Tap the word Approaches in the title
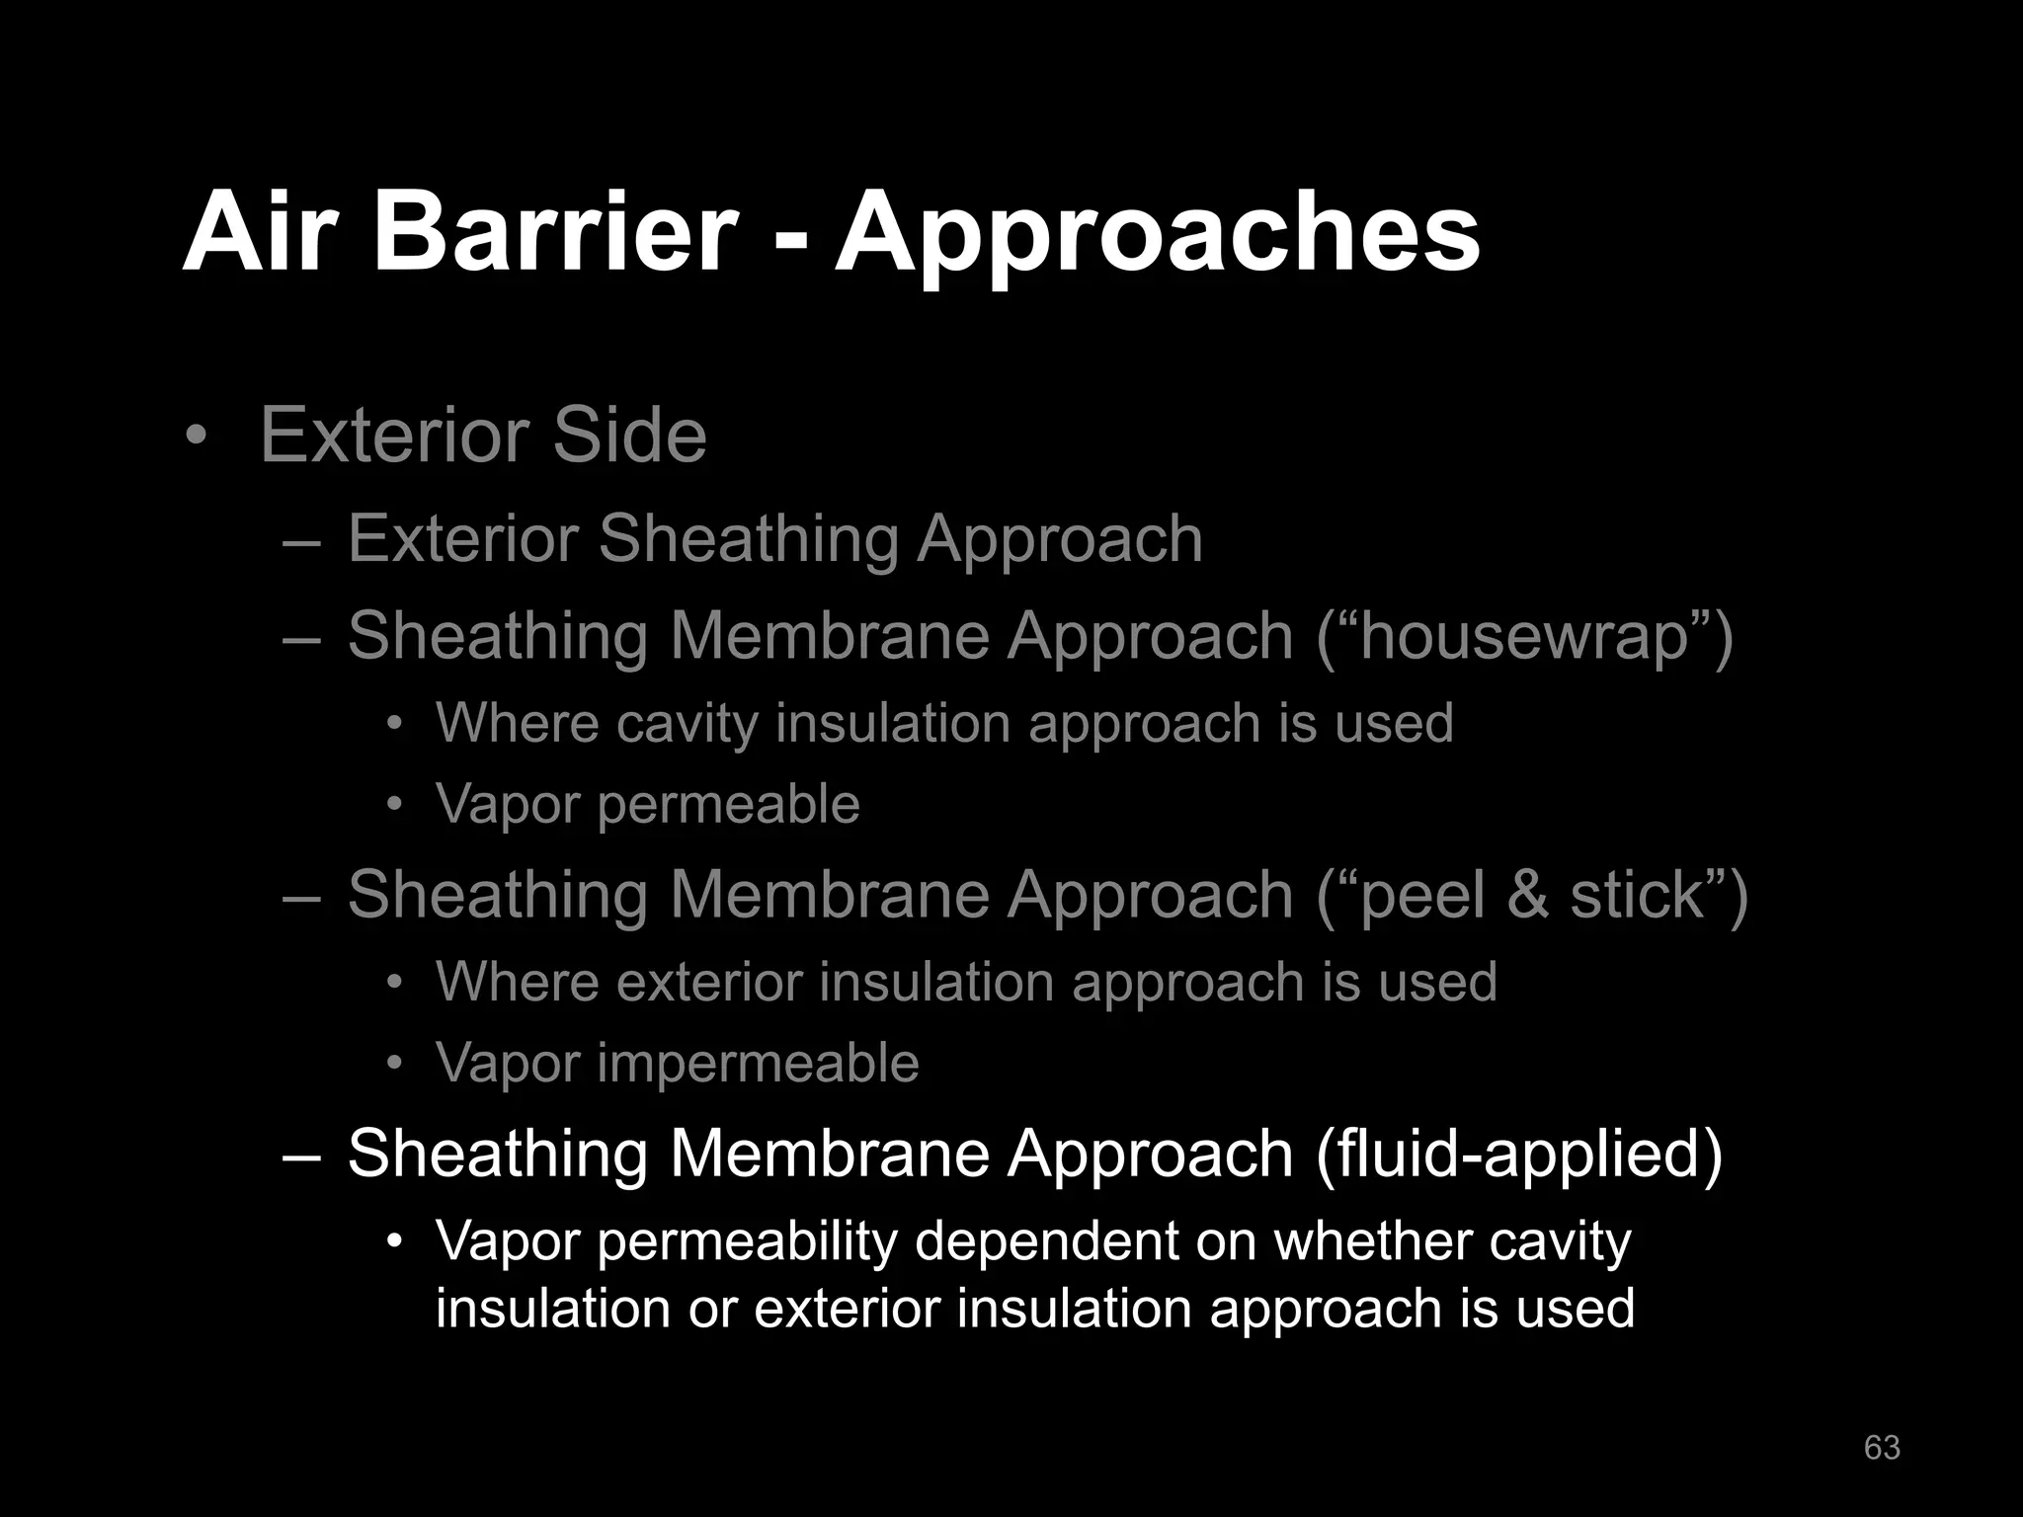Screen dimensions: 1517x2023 coord(1157,237)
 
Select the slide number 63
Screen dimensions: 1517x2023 coord(1881,1447)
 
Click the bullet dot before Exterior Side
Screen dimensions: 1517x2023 coord(197,436)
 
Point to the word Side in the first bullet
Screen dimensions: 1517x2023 coord(629,435)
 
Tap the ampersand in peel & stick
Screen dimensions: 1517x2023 coord(1527,895)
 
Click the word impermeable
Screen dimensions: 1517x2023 coord(758,1064)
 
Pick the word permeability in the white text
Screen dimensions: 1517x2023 coord(746,1242)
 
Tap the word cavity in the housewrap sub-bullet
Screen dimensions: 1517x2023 coord(687,724)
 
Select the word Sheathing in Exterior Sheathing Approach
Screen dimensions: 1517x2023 coord(748,540)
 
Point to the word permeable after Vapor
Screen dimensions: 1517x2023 coord(728,805)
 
